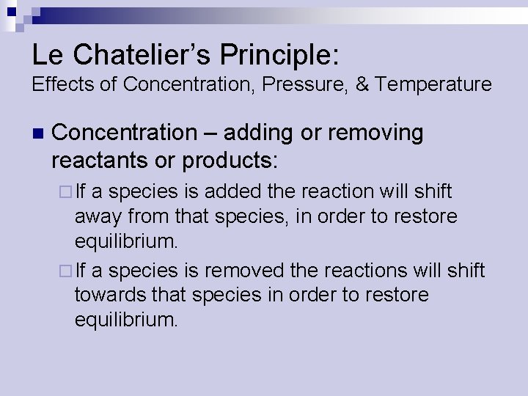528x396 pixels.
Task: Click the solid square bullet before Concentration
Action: (38, 133)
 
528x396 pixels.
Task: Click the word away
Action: (99, 217)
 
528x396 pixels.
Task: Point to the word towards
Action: (108, 296)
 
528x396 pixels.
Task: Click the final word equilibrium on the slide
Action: (126, 320)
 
